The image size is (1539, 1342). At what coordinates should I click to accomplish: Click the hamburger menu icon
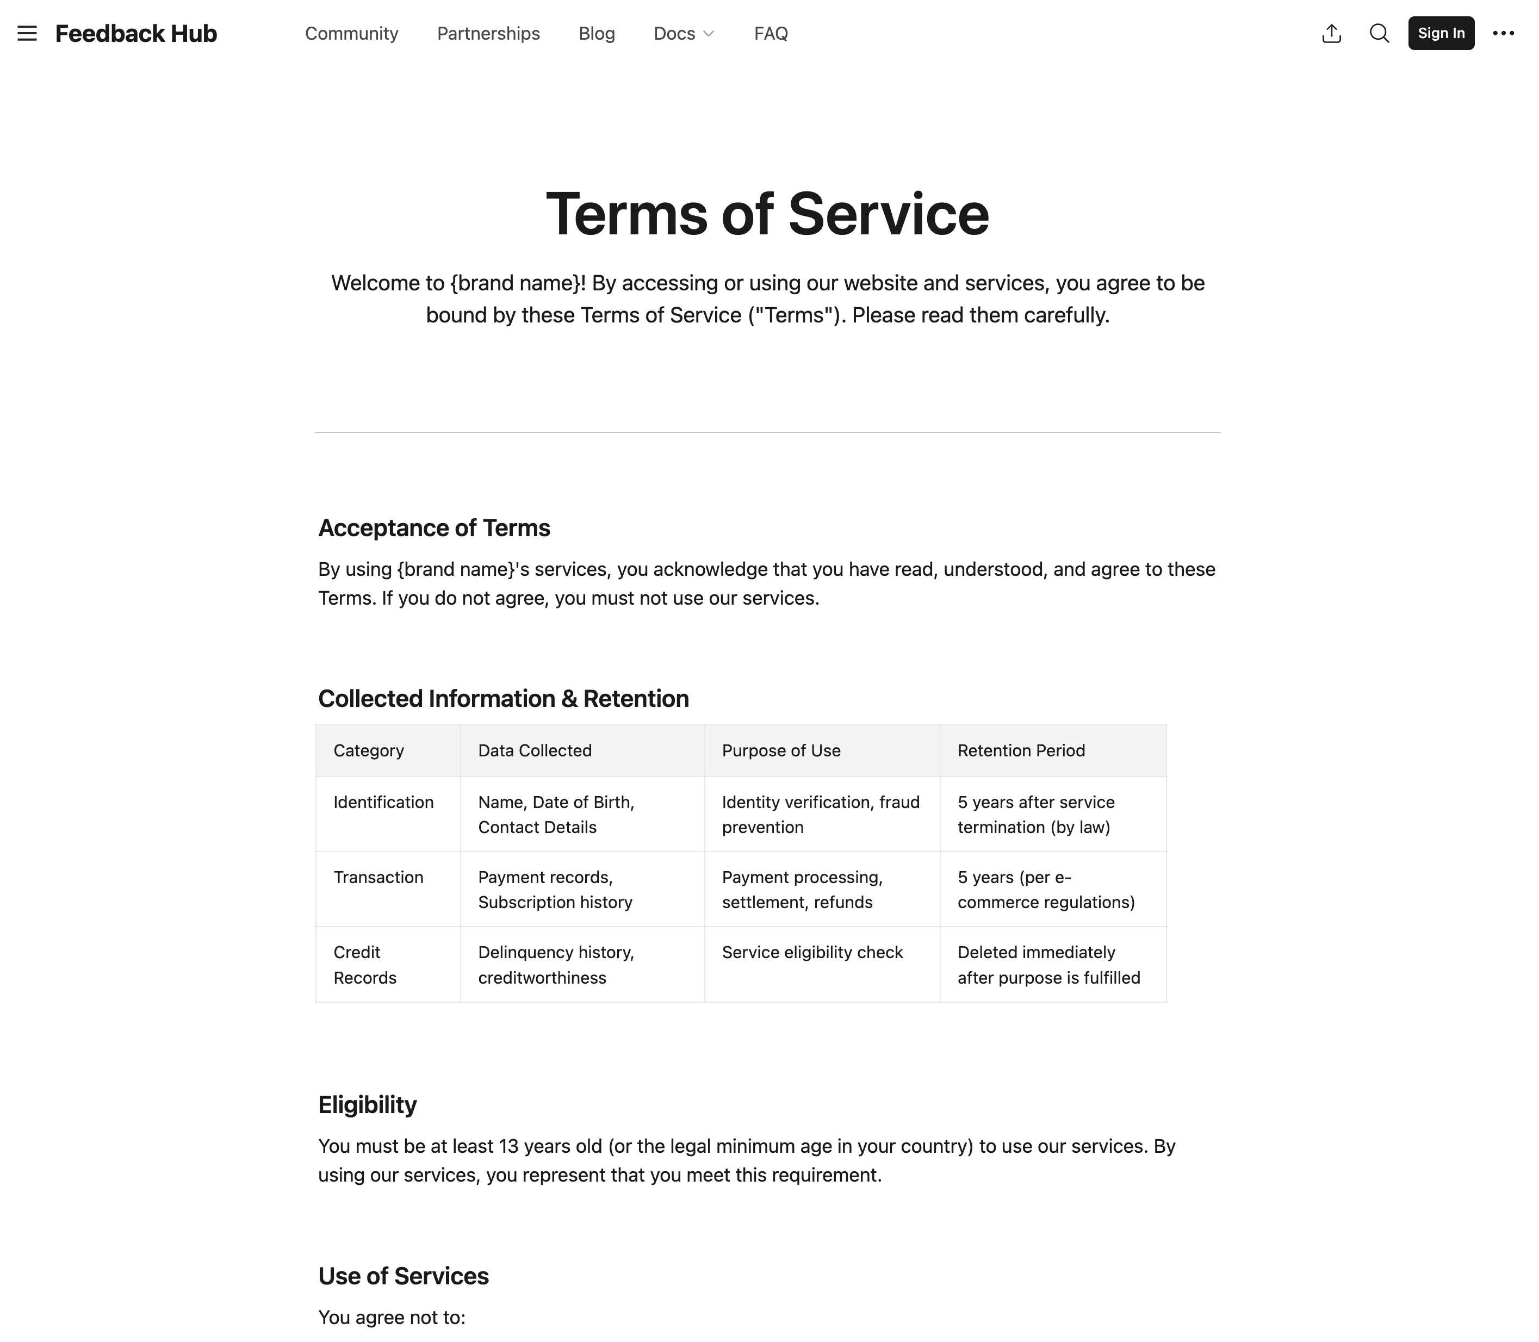click(27, 34)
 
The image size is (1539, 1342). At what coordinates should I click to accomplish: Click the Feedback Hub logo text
click(135, 34)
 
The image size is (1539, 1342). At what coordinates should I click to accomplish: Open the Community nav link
click(351, 34)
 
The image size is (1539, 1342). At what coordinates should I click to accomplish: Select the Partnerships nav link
click(488, 34)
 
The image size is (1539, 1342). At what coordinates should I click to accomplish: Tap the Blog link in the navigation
click(596, 34)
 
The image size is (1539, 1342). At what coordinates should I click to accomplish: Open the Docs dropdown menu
click(683, 34)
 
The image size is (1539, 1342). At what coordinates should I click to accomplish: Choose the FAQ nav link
click(771, 34)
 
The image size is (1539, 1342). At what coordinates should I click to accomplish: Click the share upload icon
click(1331, 34)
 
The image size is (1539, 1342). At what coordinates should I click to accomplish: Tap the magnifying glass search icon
click(1379, 34)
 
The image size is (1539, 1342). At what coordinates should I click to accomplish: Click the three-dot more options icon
click(1503, 34)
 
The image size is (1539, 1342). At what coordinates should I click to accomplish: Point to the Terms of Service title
click(767, 214)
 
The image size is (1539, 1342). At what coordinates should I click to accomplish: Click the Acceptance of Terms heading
click(433, 528)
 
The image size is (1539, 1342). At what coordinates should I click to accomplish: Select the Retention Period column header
click(1021, 750)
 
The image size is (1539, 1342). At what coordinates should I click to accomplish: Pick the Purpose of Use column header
click(780, 750)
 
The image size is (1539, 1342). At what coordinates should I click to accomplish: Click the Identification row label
click(383, 802)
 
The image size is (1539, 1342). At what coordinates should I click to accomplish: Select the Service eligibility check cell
click(812, 953)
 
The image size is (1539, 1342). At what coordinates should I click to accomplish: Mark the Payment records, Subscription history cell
click(554, 890)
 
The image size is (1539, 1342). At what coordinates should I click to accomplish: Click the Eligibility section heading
click(367, 1104)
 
